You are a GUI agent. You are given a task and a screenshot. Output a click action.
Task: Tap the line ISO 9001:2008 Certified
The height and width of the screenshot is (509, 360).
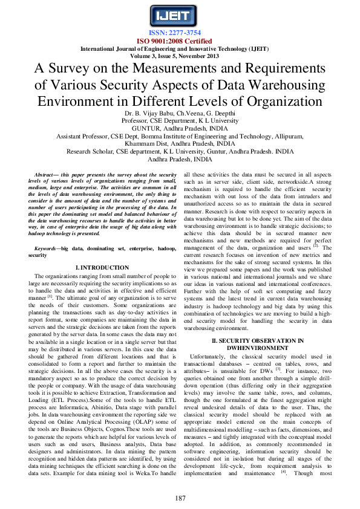(x=180, y=41)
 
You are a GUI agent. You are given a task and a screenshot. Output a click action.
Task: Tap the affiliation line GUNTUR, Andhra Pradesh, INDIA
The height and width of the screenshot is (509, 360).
(x=180, y=128)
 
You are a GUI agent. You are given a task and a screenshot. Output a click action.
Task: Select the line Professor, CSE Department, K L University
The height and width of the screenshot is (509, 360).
(x=180, y=121)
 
